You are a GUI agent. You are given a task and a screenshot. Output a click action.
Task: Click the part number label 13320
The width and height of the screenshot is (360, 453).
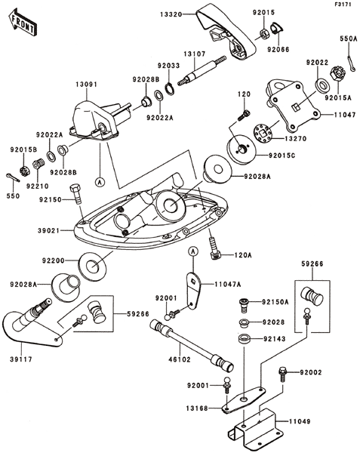coord(171,14)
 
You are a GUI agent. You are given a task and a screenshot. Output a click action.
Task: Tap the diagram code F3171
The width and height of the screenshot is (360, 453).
coord(343,5)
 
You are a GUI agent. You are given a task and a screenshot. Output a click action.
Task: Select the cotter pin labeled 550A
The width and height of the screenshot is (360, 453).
coord(351,63)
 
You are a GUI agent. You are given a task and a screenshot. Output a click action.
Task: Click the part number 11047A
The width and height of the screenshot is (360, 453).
coord(227,285)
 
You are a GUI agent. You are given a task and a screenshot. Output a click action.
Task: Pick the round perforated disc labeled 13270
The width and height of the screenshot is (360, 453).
coord(263,134)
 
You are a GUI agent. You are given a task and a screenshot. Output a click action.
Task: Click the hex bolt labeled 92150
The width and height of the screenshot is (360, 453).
coord(76,194)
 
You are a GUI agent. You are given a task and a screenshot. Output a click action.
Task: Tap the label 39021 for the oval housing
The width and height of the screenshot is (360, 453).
coord(48,230)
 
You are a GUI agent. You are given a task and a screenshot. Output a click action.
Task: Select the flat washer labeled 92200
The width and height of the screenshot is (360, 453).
coord(92,266)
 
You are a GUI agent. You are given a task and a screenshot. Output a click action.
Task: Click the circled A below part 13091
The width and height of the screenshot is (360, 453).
coord(100,182)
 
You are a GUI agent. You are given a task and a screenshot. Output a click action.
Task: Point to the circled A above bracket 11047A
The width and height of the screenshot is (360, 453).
coord(193,251)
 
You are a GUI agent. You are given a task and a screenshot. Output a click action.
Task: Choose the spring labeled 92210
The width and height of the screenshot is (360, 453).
coord(38,165)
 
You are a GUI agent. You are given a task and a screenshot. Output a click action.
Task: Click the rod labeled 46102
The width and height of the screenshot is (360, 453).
coord(192,346)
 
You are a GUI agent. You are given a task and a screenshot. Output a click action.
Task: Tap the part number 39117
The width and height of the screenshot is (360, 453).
coord(21,359)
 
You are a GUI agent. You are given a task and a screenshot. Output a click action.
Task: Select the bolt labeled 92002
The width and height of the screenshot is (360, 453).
coord(282,374)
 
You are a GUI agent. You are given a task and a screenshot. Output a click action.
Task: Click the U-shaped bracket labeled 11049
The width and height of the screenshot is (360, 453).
coord(254,428)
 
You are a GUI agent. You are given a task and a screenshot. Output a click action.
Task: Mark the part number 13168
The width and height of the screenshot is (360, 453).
coord(197,408)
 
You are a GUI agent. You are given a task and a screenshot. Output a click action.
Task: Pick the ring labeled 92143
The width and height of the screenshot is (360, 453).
coord(245,339)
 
